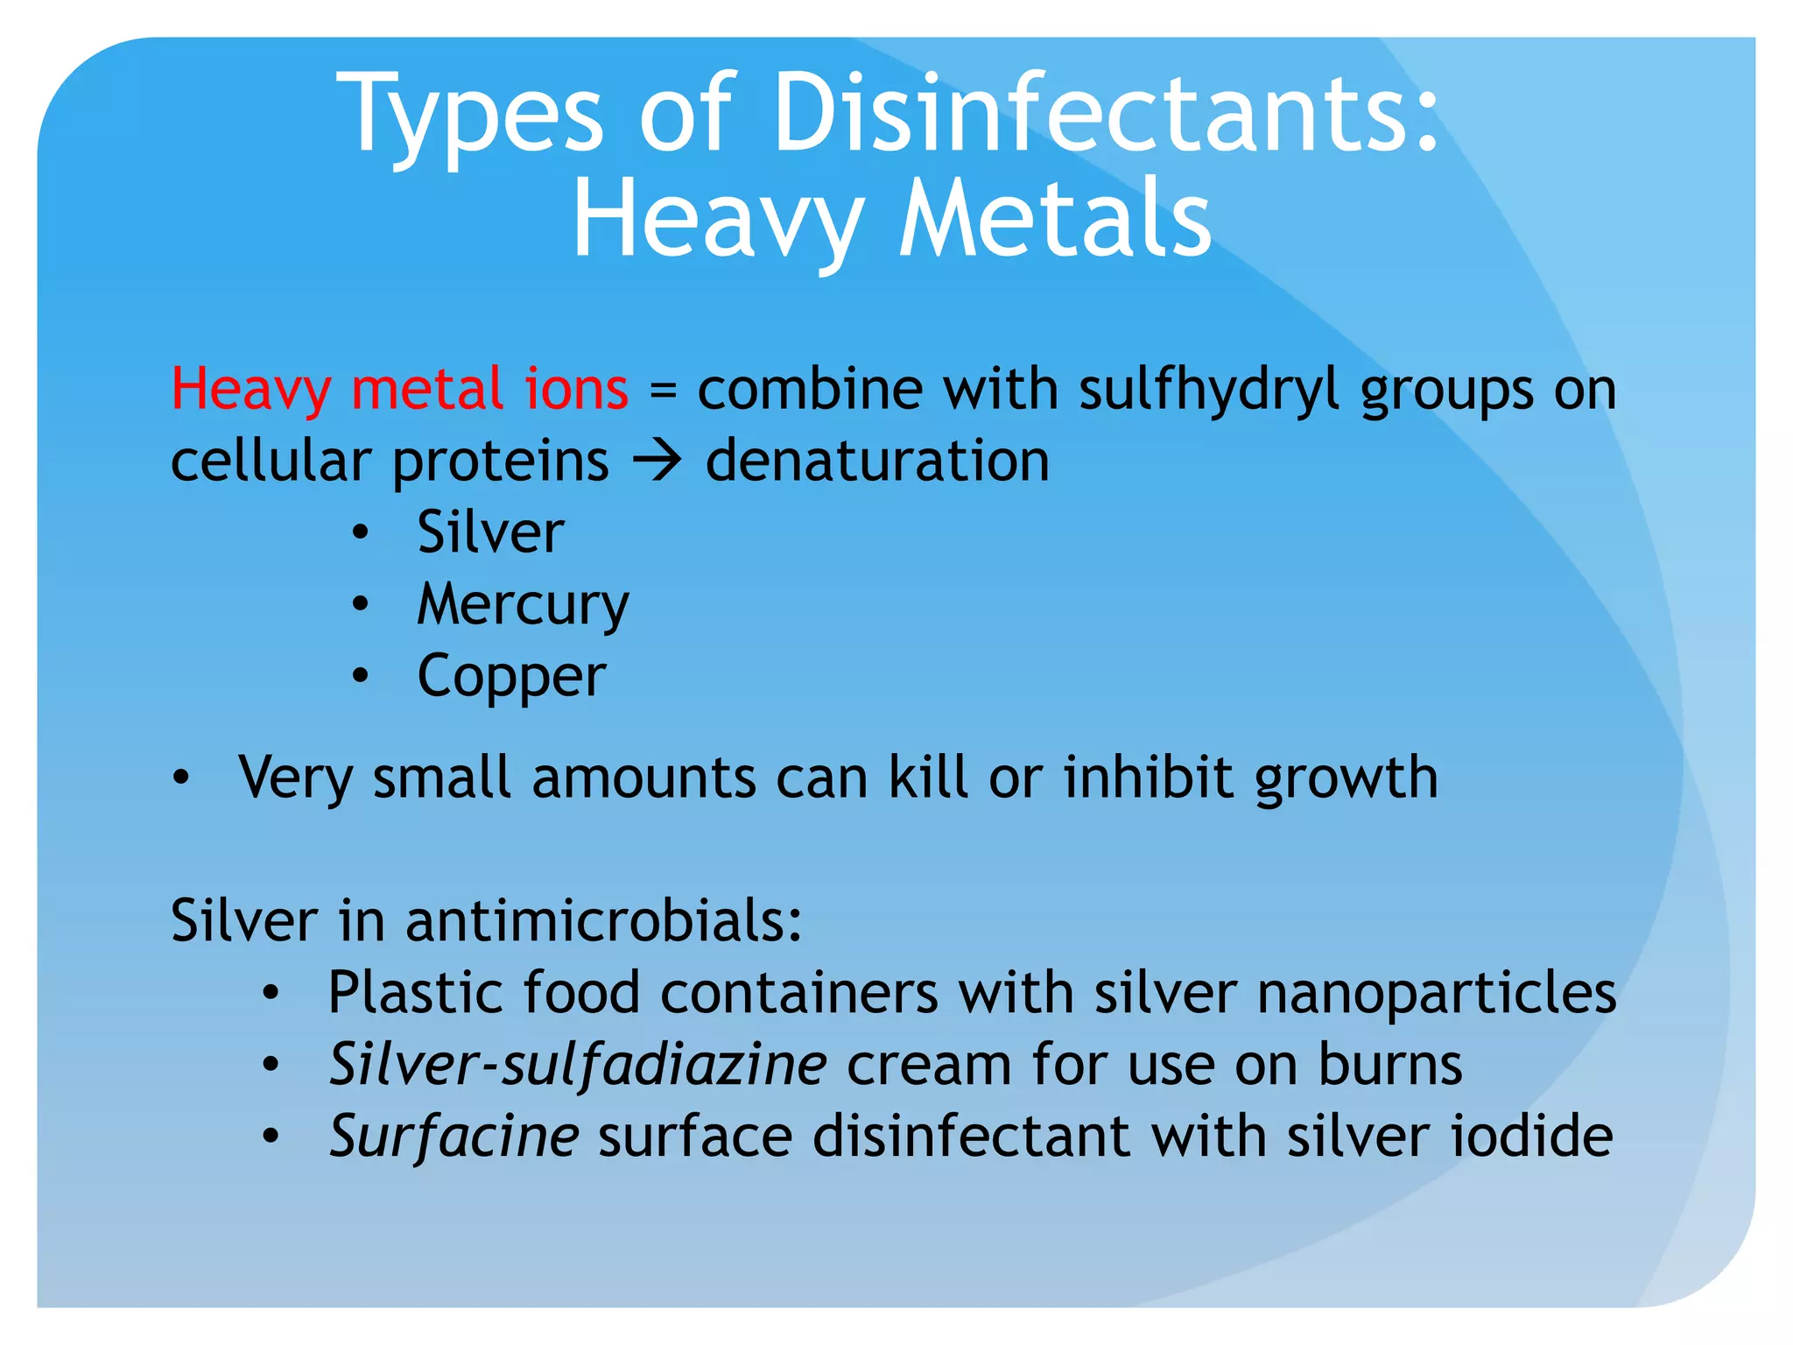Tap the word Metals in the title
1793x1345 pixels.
(1055, 219)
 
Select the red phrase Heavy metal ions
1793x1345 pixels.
(399, 389)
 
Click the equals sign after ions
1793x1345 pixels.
(663, 391)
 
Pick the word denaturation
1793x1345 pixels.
(877, 461)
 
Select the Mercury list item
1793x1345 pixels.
(523, 605)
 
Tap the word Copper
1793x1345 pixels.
(511, 677)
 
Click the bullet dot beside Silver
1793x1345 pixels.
(360, 533)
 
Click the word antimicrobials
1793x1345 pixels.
(603, 921)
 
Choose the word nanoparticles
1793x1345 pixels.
(1437, 994)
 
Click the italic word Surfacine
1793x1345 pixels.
(454, 1137)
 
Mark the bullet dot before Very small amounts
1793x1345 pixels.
(180, 778)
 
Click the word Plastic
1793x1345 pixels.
(415, 994)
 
